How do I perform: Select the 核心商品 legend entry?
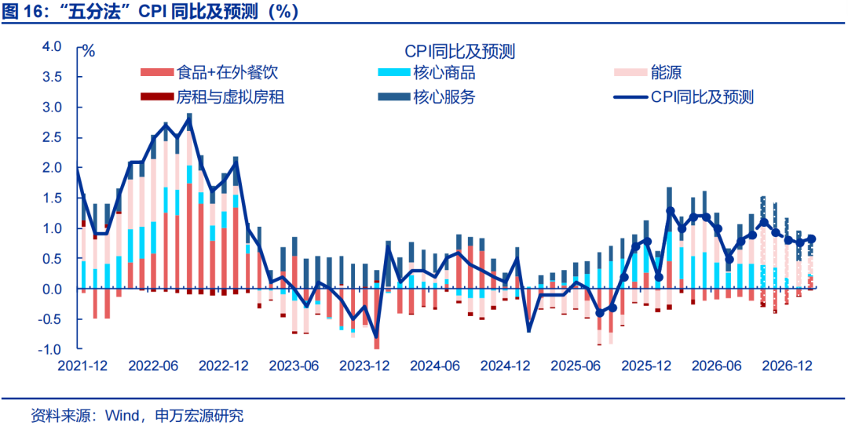pyautogui.click(x=428, y=72)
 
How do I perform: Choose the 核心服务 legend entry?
pyautogui.click(x=428, y=97)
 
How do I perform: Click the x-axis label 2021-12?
pyautogui.click(x=82, y=366)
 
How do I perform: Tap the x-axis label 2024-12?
pyautogui.click(x=505, y=366)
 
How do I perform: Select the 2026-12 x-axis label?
pyautogui.click(x=787, y=366)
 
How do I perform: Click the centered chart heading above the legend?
pyautogui.click(x=459, y=51)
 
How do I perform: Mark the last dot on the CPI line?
pyautogui.click(x=811, y=239)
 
